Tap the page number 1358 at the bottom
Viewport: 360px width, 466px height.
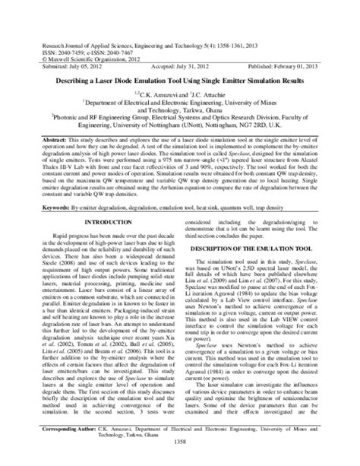180,461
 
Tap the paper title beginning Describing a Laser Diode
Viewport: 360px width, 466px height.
179,79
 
